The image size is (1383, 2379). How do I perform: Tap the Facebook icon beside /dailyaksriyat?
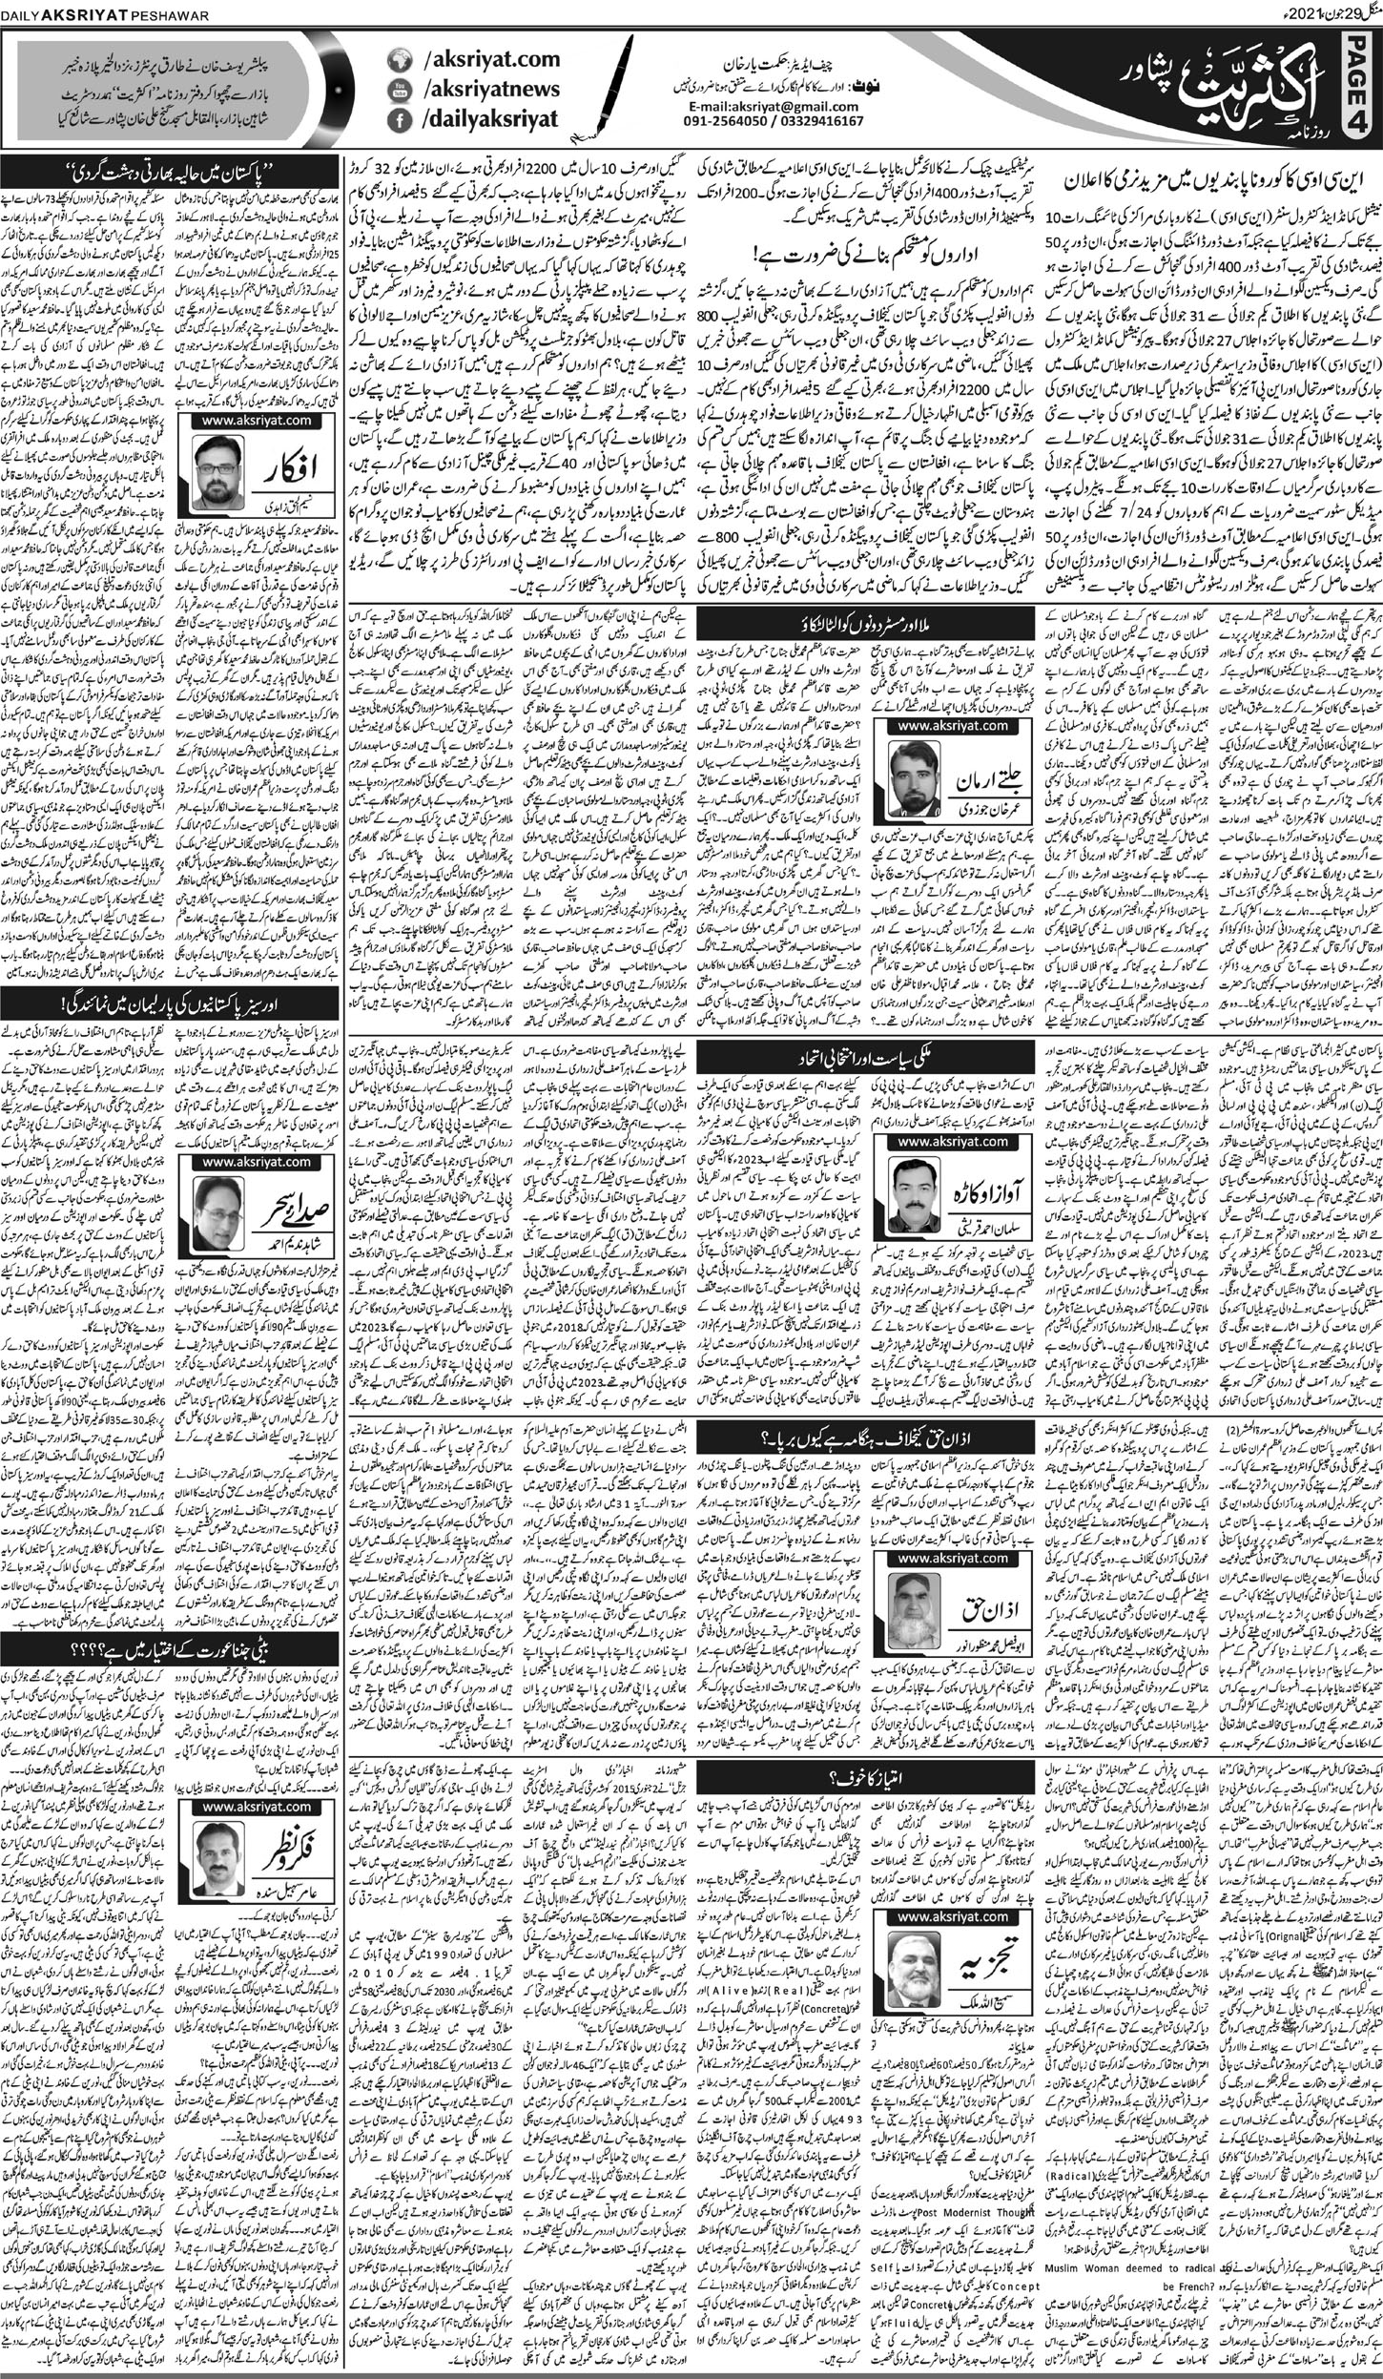(x=399, y=120)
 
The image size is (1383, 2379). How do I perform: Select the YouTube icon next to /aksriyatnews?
(x=399, y=91)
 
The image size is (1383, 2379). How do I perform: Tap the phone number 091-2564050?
(x=726, y=122)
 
